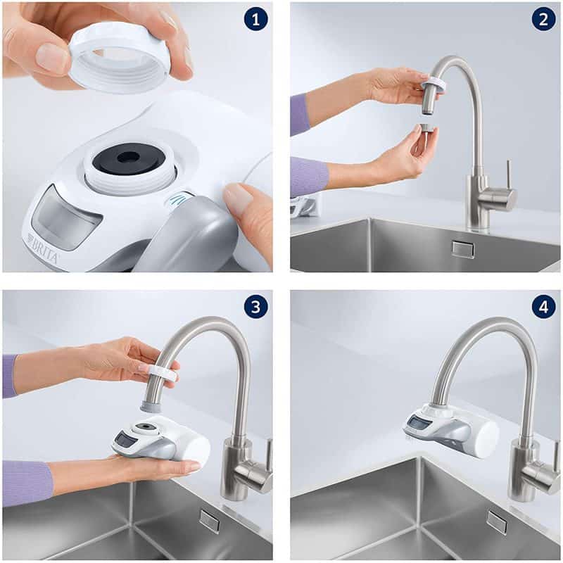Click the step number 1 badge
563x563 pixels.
[256, 19]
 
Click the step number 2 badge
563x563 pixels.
[543, 19]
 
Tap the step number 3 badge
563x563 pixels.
[256, 307]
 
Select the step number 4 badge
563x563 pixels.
[543, 307]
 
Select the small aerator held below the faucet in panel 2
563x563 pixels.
[426, 129]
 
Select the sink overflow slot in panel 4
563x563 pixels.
[497, 521]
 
